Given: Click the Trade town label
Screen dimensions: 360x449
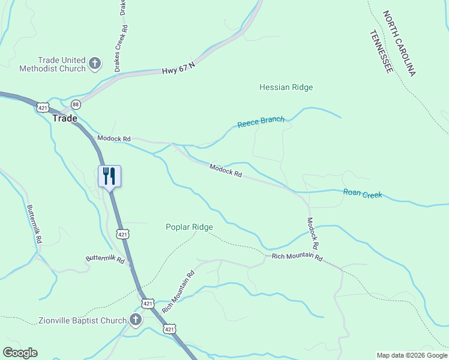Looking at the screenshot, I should [x=65, y=118].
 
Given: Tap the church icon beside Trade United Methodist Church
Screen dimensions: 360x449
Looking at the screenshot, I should [x=95, y=63].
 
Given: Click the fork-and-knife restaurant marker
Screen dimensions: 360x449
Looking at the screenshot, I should [x=109, y=176].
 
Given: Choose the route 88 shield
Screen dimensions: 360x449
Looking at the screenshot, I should [x=76, y=104].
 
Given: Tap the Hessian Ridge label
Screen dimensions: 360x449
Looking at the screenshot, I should [x=286, y=88].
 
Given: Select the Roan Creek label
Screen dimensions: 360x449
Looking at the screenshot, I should [x=363, y=194].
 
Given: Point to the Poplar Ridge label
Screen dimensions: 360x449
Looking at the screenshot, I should [x=189, y=227].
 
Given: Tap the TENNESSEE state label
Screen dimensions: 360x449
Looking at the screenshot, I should [x=382, y=52].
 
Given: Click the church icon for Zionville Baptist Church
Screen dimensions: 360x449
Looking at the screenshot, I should [x=136, y=320].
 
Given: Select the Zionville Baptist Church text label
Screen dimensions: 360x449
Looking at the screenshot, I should [x=82, y=320].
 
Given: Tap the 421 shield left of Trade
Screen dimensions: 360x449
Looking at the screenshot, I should [x=41, y=107].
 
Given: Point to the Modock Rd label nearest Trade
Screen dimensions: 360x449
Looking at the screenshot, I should [x=113, y=139].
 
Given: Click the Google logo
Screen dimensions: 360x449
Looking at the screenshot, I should [x=20, y=353].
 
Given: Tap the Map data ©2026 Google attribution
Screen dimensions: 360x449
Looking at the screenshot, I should [x=412, y=355].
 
